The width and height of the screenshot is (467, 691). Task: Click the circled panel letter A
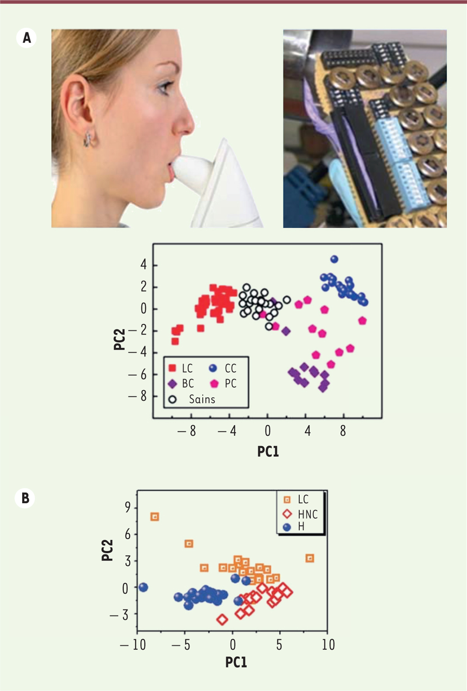(26, 38)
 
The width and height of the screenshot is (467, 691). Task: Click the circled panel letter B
(25, 498)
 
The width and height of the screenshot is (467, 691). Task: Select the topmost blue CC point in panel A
(334, 259)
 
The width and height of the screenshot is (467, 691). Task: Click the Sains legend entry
(192, 399)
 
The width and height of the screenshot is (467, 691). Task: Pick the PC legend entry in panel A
(223, 384)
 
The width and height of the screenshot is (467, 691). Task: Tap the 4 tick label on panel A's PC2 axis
(144, 265)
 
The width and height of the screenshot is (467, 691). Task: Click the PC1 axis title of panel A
(268, 451)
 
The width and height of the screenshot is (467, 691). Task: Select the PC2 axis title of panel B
(107, 550)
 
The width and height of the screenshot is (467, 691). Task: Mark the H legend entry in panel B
(294, 527)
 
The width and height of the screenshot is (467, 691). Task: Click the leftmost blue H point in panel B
(143, 587)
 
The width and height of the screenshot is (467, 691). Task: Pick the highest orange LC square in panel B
(155, 517)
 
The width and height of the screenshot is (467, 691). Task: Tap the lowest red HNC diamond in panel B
(222, 619)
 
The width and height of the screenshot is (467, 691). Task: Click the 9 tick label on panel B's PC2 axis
(128, 507)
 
